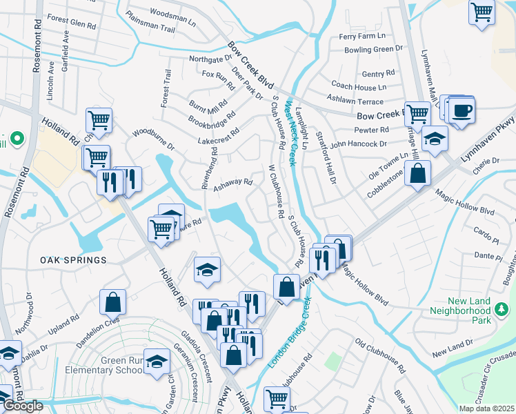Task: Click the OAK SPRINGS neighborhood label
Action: (x=73, y=260)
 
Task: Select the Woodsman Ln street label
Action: (x=173, y=13)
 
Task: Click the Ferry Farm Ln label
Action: (x=362, y=36)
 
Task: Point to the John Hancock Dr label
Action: (x=358, y=144)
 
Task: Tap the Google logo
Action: (x=22, y=406)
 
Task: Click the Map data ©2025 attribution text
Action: (x=486, y=409)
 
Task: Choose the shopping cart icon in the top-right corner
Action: (x=482, y=12)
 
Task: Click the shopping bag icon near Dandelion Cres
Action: (x=112, y=302)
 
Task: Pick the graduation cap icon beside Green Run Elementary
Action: (x=157, y=361)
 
